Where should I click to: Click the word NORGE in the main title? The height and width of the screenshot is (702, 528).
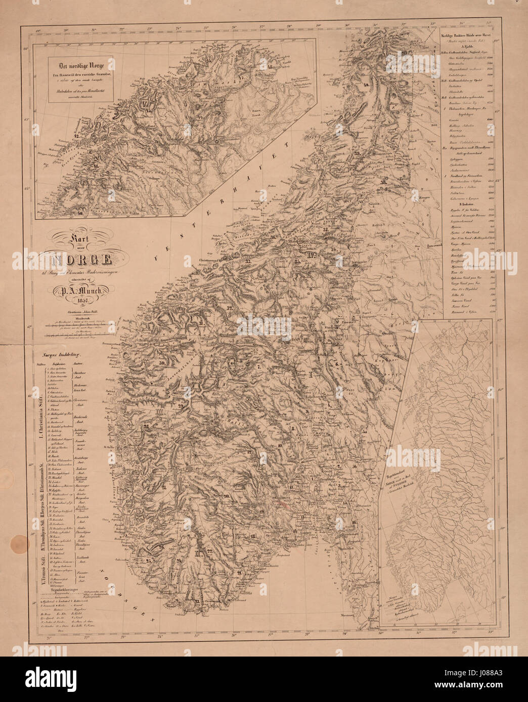(81, 261)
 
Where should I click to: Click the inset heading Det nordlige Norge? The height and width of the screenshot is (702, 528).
(81, 66)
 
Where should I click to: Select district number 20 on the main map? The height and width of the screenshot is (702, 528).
(227, 496)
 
